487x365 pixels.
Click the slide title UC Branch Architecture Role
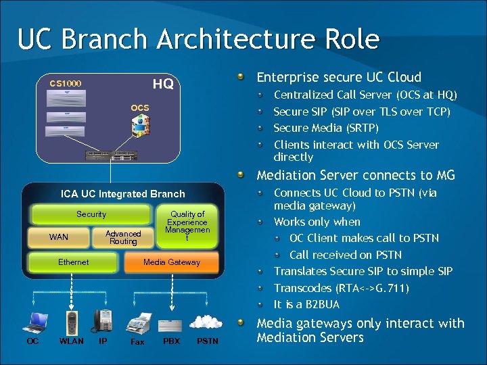[198, 39]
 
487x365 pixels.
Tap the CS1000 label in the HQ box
[66, 84]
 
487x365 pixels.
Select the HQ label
[163, 84]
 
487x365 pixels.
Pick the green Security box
[91, 214]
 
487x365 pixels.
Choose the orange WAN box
[59, 237]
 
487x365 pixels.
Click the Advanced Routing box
[123, 237]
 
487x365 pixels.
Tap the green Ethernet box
[73, 262]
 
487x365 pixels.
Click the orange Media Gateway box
[172, 262]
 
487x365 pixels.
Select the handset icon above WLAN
[72, 322]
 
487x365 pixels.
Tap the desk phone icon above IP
[103, 320]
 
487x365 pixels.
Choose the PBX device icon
[172, 323]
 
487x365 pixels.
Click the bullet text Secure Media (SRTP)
[326, 128]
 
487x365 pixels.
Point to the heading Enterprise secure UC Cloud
[339, 77]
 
